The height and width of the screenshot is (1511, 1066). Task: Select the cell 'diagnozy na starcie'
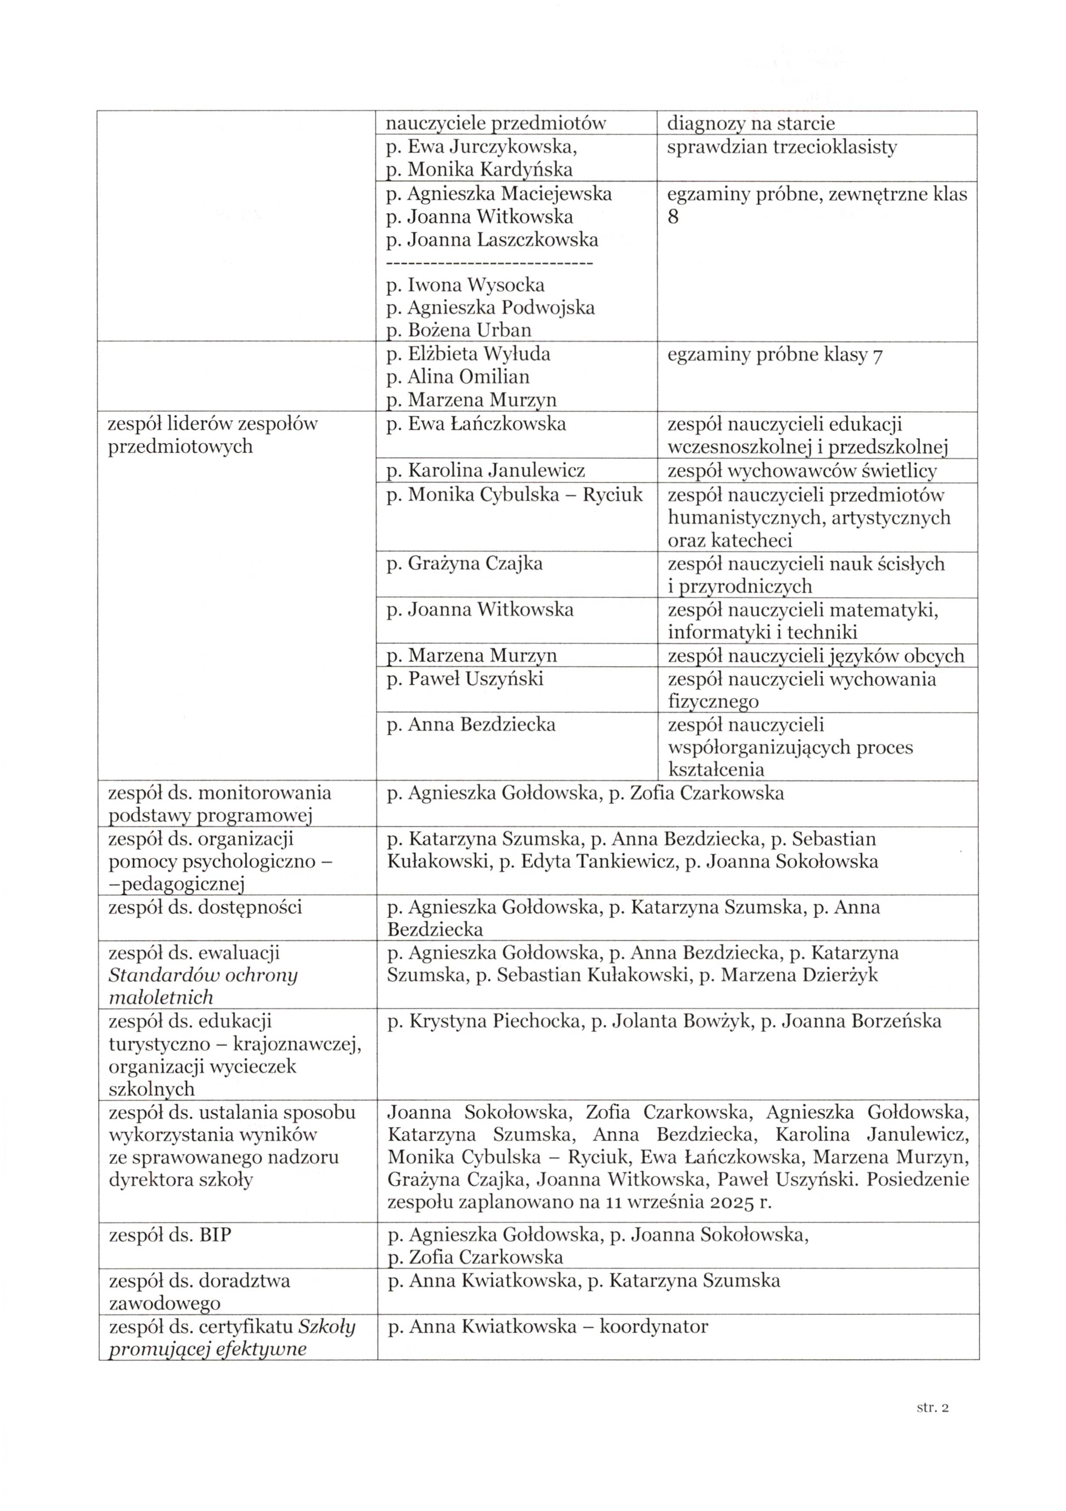click(x=750, y=123)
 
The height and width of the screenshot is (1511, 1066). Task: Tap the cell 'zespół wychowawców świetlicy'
click(x=802, y=471)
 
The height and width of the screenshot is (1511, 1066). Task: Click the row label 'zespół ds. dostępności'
click(x=205, y=908)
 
